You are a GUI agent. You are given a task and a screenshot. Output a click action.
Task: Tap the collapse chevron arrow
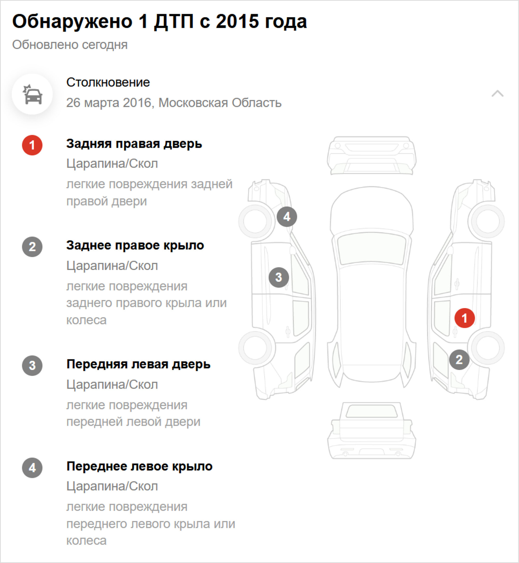(497, 93)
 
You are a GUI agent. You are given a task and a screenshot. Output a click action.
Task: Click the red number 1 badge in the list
(32, 145)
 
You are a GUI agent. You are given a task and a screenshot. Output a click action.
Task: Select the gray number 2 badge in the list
(32, 247)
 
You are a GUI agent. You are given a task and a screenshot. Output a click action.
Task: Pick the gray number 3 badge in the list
(32, 365)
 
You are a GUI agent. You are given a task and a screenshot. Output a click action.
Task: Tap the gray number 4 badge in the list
(32, 468)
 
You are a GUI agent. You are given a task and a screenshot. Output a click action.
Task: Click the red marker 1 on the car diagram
(465, 318)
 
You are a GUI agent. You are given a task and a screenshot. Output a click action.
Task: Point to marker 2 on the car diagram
(459, 359)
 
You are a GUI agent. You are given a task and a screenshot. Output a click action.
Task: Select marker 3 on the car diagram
(279, 277)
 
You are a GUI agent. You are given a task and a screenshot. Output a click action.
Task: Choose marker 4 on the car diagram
(287, 216)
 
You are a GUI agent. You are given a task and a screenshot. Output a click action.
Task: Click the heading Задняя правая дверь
(134, 144)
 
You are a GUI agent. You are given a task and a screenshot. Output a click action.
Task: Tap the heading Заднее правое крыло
(135, 245)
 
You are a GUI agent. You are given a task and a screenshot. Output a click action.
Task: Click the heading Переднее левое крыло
(140, 466)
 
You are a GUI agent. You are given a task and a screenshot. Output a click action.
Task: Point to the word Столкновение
(108, 82)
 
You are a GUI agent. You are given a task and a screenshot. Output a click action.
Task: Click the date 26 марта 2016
(109, 103)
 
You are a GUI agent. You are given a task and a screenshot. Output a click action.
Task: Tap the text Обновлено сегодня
(70, 45)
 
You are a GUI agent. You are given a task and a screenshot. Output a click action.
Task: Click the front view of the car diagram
(371, 156)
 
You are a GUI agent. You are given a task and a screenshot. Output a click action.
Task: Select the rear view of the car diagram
(371, 430)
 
